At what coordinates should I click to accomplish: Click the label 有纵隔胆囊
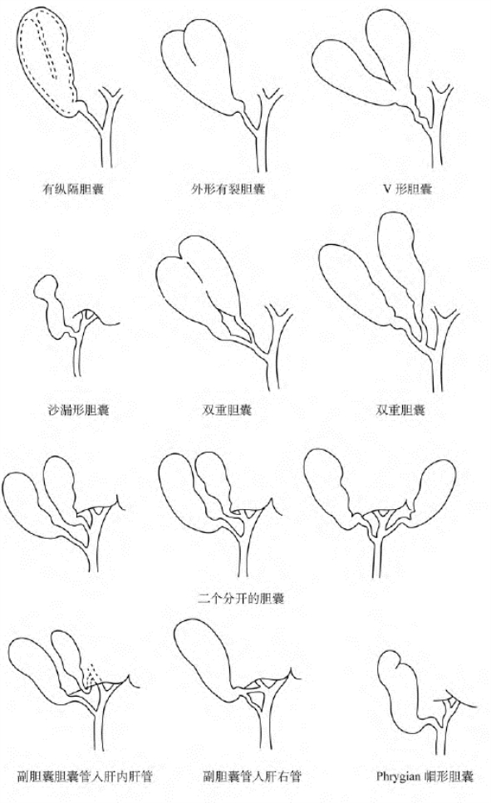coord(73,189)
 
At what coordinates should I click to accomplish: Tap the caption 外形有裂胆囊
coord(228,189)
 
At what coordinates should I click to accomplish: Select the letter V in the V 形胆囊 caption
coord(387,189)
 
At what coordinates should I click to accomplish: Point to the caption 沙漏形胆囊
coord(78,409)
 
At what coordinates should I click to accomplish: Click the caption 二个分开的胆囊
coord(241,598)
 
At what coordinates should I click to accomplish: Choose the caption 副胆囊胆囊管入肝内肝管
coord(85,776)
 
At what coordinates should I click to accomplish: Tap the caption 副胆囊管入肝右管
coord(252,776)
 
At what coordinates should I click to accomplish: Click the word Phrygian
coord(399,776)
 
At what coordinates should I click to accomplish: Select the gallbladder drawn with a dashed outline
coord(47,61)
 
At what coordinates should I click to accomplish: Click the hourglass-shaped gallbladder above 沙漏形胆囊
coord(52,307)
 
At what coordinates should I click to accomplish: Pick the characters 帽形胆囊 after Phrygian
coord(449,776)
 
